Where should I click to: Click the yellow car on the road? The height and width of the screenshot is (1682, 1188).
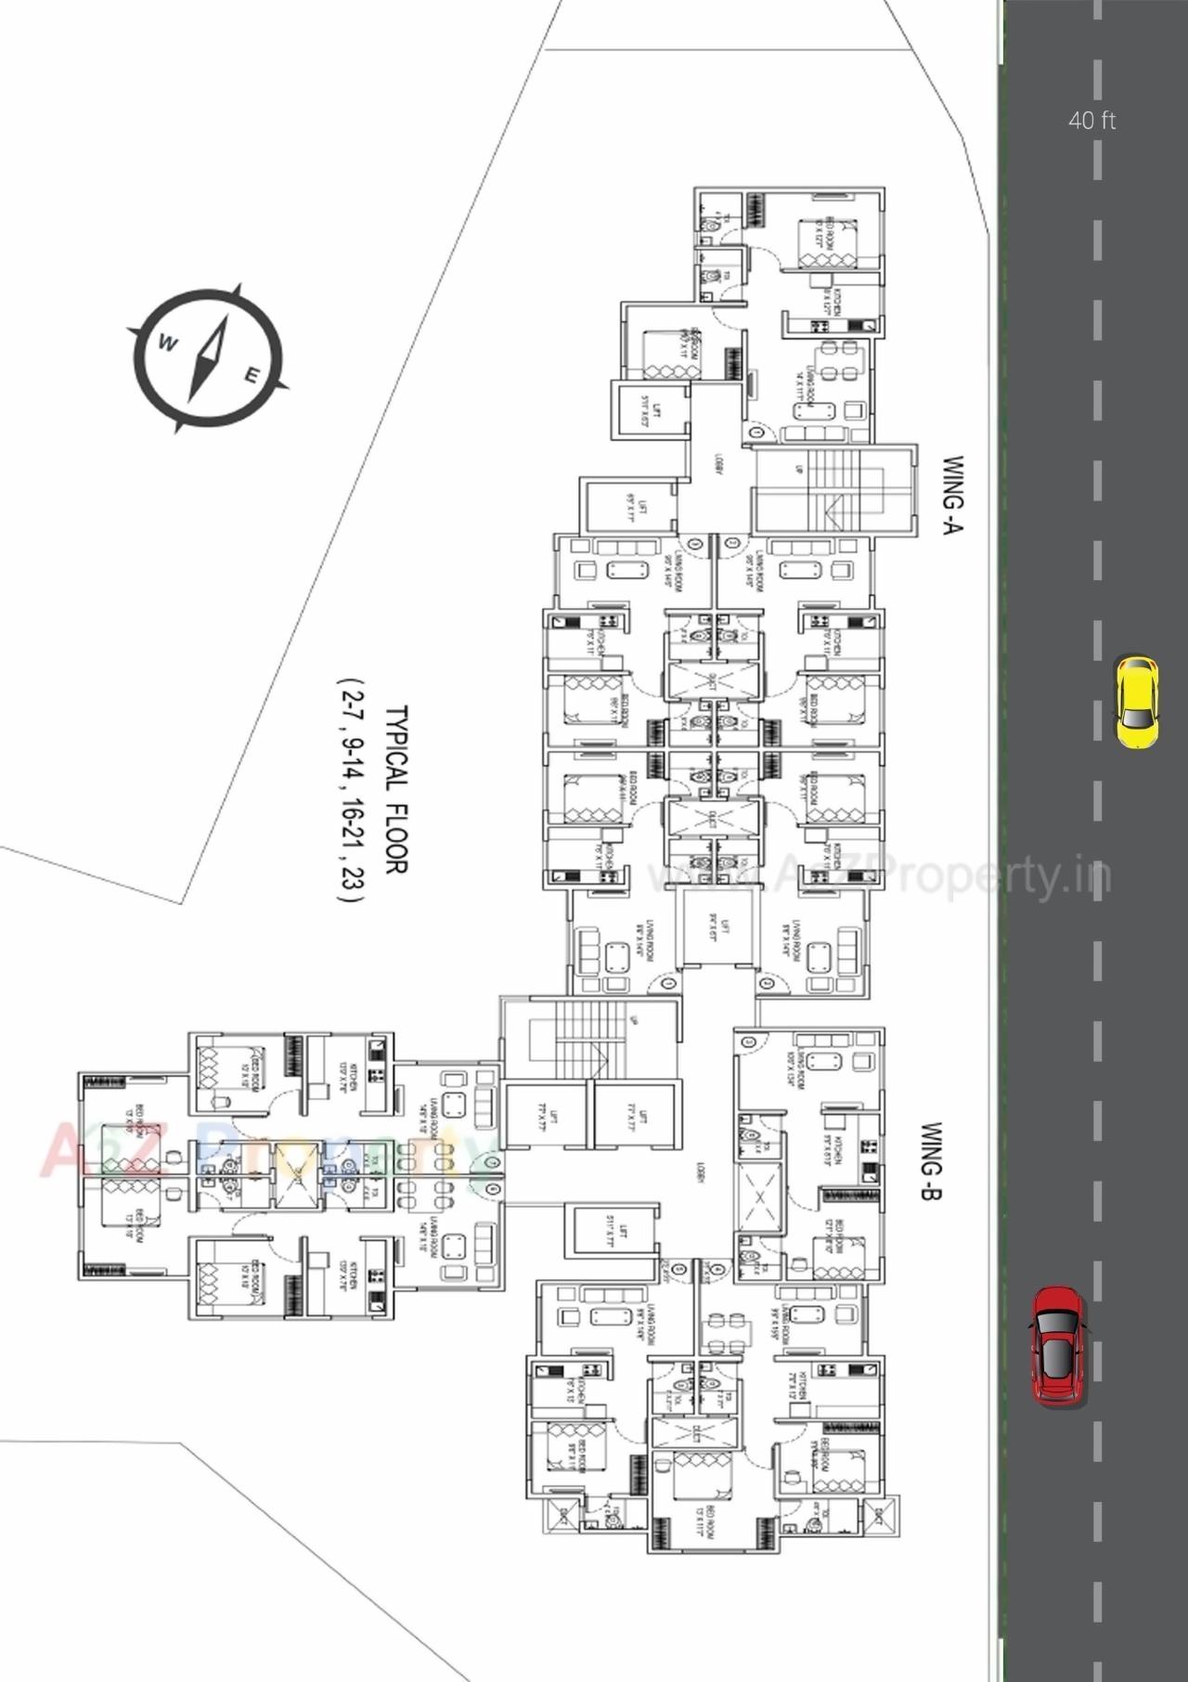coord(1136,702)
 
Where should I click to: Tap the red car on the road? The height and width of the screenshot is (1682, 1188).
coord(1058,1345)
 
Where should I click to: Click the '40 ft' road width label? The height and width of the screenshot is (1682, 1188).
coord(1091,120)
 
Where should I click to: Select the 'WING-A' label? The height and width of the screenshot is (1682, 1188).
coord(953,494)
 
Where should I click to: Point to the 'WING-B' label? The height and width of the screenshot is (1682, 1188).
coord(931,1161)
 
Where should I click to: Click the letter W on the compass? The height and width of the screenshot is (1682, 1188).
coord(168,343)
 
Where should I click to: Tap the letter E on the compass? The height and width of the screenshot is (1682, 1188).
coord(252,375)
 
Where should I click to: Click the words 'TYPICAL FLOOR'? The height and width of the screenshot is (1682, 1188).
coord(395,790)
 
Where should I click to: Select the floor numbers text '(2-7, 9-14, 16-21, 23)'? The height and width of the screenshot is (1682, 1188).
coord(351,790)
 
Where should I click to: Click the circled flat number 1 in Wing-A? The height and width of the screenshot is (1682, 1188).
coord(756,433)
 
